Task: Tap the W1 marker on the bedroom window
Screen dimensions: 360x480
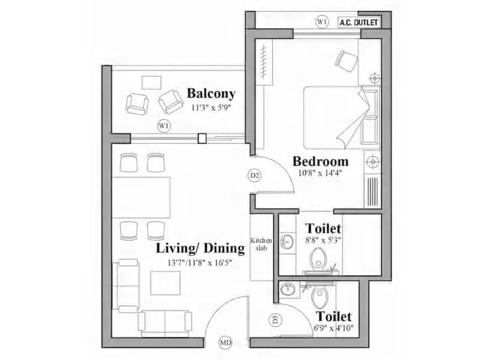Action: point(323,22)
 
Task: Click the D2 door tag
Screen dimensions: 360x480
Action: point(254,175)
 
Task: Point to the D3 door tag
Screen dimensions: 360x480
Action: point(275,320)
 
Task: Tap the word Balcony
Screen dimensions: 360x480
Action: point(211,94)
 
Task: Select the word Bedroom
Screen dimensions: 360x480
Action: point(320,161)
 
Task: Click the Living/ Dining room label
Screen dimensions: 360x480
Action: point(200,248)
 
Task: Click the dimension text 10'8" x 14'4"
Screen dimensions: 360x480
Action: point(320,174)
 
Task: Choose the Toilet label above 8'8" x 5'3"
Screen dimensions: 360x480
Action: point(323,229)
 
